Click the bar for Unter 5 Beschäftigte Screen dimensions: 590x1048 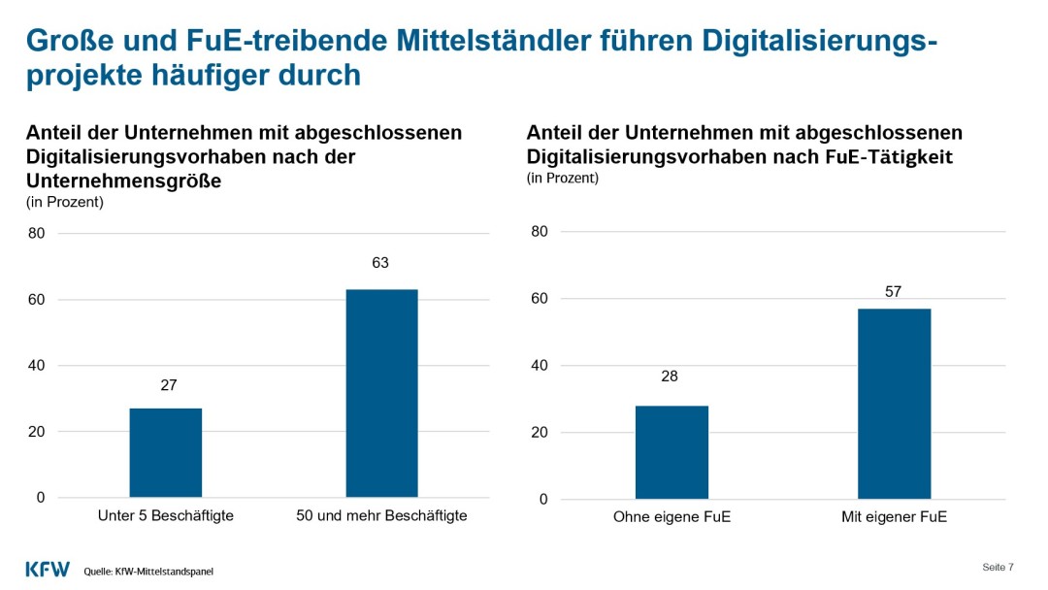coord(165,453)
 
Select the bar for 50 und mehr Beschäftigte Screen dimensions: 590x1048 coord(381,393)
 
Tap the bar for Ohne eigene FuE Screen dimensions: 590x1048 coord(671,452)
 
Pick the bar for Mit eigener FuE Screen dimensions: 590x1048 coord(894,404)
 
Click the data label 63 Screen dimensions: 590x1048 coord(380,263)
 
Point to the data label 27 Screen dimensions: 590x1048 coord(168,384)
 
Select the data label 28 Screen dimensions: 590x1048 coord(670,376)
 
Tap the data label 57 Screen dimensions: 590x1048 coord(893,291)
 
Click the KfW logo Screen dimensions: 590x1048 coord(48,570)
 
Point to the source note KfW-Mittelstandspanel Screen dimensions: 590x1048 coord(148,572)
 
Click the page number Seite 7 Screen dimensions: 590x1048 coord(998,567)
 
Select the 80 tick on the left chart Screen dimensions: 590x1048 coord(37,233)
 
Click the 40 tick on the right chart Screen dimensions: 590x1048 coord(540,366)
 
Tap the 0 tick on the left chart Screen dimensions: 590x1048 coord(41,498)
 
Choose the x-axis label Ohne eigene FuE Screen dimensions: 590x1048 coord(671,517)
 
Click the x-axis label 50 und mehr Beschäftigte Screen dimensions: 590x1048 coord(381,516)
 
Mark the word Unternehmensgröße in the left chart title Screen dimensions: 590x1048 coord(123,180)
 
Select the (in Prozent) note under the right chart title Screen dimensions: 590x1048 coord(563,179)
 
